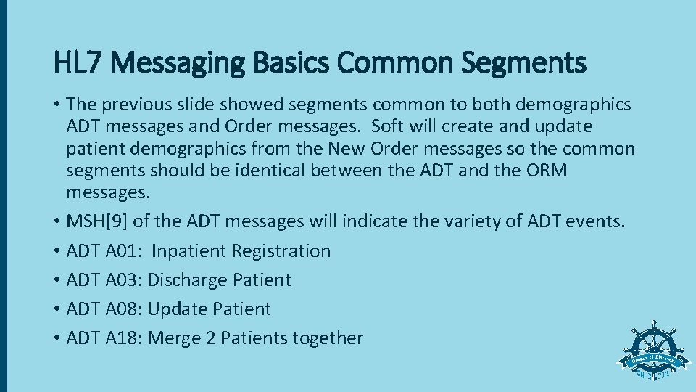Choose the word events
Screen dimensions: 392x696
click(596, 221)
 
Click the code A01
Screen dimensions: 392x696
click(126, 250)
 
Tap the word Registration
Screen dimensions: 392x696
click(281, 250)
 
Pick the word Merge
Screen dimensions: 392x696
click(173, 338)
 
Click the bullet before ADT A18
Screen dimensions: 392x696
click(57, 338)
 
